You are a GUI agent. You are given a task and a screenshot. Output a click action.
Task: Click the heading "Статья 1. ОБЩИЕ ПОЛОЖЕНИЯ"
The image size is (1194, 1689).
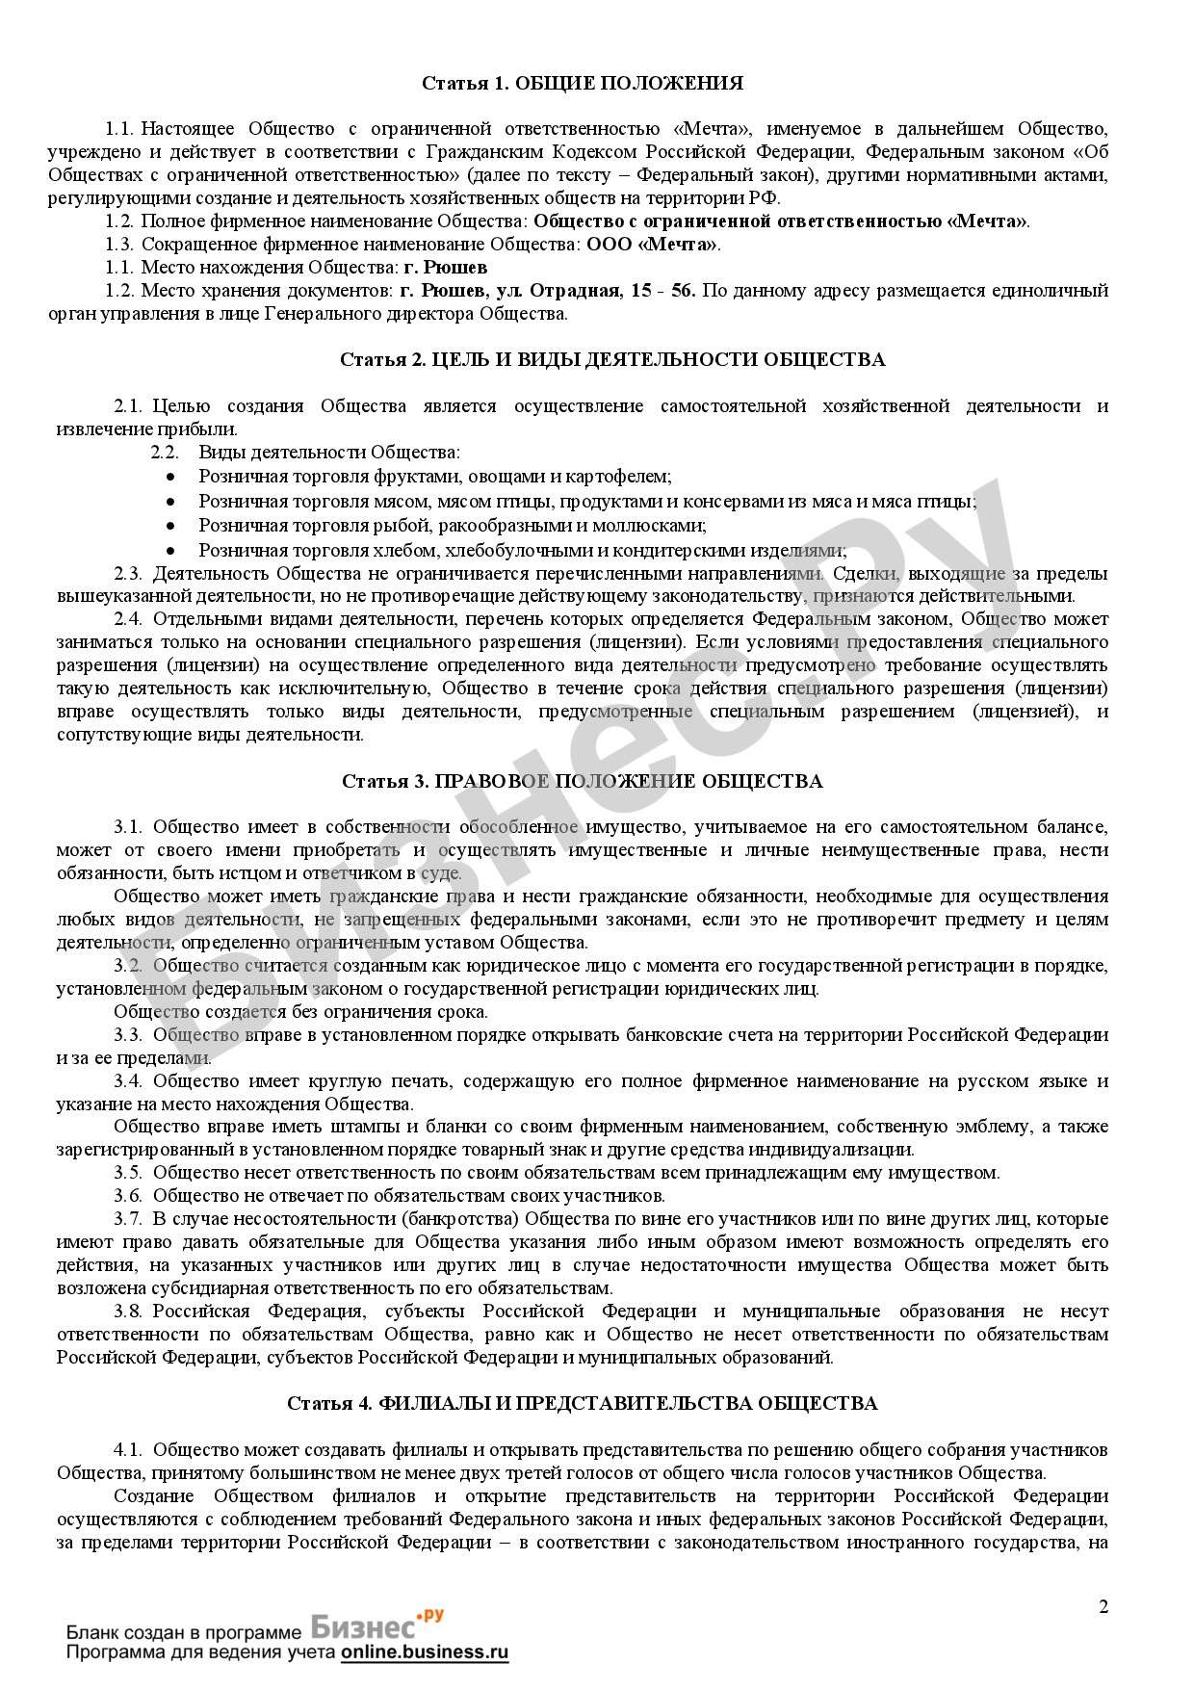point(583,83)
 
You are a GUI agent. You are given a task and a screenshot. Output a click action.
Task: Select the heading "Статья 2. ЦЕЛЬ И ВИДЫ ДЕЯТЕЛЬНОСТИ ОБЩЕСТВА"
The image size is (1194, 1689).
point(612,359)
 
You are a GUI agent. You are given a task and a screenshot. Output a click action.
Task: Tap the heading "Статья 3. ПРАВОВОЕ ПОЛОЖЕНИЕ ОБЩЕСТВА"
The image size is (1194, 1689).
point(582,780)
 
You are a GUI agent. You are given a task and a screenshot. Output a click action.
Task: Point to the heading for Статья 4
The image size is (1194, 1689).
point(582,1403)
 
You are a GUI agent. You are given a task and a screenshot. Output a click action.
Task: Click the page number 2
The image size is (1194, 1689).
point(1103,1606)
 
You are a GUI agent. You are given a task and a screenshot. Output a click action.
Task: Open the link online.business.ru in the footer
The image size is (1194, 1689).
point(424,1652)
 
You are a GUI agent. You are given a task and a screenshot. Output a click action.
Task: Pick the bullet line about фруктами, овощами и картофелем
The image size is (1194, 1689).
point(435,476)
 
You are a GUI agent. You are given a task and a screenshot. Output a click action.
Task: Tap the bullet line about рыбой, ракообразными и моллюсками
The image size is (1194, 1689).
point(453,526)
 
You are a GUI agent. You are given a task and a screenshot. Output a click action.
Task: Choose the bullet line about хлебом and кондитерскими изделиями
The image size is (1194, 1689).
point(523,551)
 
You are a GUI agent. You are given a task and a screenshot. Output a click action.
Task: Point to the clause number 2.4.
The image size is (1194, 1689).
point(128,619)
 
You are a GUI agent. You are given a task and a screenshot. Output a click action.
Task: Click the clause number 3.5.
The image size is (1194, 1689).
point(128,1172)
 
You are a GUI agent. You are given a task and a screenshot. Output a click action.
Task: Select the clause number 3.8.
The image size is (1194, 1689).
point(128,1311)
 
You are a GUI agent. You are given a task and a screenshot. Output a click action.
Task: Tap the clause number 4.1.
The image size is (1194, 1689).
point(128,1449)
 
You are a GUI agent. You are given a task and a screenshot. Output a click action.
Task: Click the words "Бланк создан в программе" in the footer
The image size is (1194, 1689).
point(184,1633)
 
